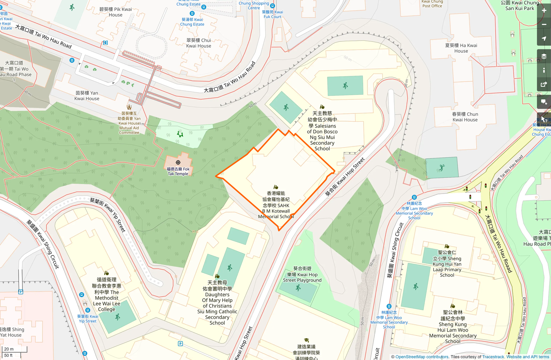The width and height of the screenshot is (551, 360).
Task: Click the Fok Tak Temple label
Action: tap(178, 171)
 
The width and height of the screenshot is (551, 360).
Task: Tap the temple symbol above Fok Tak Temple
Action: tap(178, 163)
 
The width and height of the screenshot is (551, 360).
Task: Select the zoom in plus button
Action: tap(544, 11)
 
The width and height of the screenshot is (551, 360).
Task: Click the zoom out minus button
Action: tap(544, 25)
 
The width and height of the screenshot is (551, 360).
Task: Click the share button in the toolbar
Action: tap(544, 84)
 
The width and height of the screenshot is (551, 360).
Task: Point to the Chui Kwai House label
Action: tap(199, 43)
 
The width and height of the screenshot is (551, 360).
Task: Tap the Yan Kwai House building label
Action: tap(87, 96)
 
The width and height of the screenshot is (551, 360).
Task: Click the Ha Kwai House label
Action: tap(461, 48)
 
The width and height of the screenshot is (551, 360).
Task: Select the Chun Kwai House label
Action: tap(465, 117)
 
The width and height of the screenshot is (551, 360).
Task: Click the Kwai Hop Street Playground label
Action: tap(302, 274)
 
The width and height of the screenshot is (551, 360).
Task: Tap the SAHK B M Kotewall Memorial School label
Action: tap(276, 205)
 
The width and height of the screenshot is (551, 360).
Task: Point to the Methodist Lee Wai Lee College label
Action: tap(107, 295)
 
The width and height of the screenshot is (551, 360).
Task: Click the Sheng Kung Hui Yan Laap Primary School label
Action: tap(447, 264)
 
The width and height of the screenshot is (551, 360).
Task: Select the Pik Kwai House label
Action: tap(115, 12)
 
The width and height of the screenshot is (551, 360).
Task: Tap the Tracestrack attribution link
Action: tap(493, 357)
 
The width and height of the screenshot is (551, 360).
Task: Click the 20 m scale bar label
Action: tap(9, 349)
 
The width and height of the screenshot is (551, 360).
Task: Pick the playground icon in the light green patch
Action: tap(180, 134)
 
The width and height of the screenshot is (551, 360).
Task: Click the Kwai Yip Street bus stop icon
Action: tap(88, 310)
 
